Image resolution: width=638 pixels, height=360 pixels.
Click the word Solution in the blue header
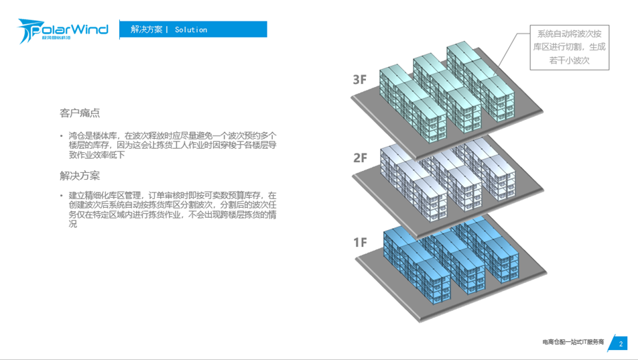pyautogui.click(x=191, y=29)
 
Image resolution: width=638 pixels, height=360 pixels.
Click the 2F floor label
pyautogui.click(x=360, y=158)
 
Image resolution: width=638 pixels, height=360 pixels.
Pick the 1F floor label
pyautogui.click(x=360, y=242)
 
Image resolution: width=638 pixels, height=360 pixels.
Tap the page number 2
pyautogui.click(x=621, y=343)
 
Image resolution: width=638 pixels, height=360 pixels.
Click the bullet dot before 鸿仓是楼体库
pyautogui.click(x=61, y=135)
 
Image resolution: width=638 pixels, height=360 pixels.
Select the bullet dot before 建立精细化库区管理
pyautogui.click(x=61, y=195)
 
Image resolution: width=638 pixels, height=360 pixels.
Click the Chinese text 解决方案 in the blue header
pyautogui.click(x=146, y=29)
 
